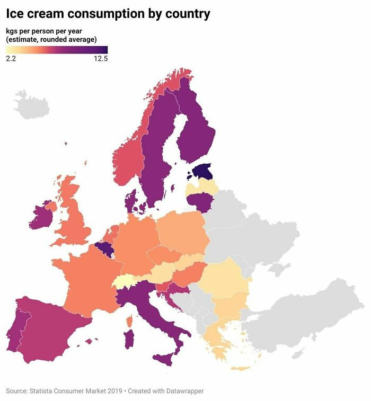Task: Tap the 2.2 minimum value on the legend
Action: pos(11,59)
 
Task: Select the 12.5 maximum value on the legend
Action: pos(100,59)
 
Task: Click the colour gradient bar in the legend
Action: pos(57,50)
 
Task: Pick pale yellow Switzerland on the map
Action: pos(125,281)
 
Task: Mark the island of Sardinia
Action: pos(129,339)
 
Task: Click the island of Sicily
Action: pos(164,359)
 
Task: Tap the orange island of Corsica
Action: pos(129,321)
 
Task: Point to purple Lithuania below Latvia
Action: pos(200,202)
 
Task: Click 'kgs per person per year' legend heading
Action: pos(43,31)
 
